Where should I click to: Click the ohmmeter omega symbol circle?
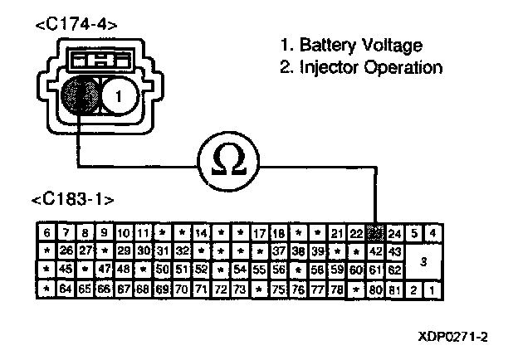coord(227,158)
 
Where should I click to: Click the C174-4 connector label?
coord(76,25)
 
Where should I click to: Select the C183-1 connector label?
coord(72,202)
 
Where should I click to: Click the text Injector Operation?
coord(360,67)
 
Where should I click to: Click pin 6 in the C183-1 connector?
coord(47,233)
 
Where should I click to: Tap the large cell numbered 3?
coord(424,261)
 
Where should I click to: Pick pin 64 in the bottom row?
coord(66,289)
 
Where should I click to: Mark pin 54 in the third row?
coord(240,270)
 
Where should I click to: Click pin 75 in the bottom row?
coord(279,289)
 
